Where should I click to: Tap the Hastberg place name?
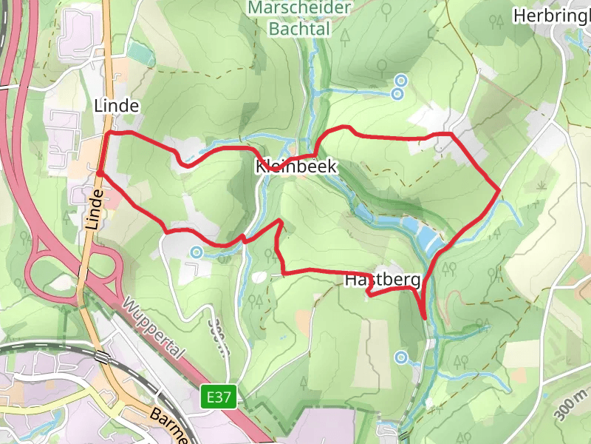pyautogui.click(x=383, y=280)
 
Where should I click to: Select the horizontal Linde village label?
pyautogui.click(x=117, y=106)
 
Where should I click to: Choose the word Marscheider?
pyautogui.click(x=299, y=8)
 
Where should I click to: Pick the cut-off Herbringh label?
pyautogui.click(x=551, y=16)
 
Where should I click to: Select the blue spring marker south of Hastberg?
pyautogui.click(x=401, y=358)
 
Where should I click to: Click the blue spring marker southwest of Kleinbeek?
pyautogui.click(x=197, y=252)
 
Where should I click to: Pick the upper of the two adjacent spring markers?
pyautogui.click(x=401, y=80)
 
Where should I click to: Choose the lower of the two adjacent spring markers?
pyautogui.click(x=397, y=93)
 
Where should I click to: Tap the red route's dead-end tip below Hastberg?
pyautogui.click(x=425, y=317)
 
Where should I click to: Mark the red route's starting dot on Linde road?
pyautogui.click(x=99, y=173)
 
